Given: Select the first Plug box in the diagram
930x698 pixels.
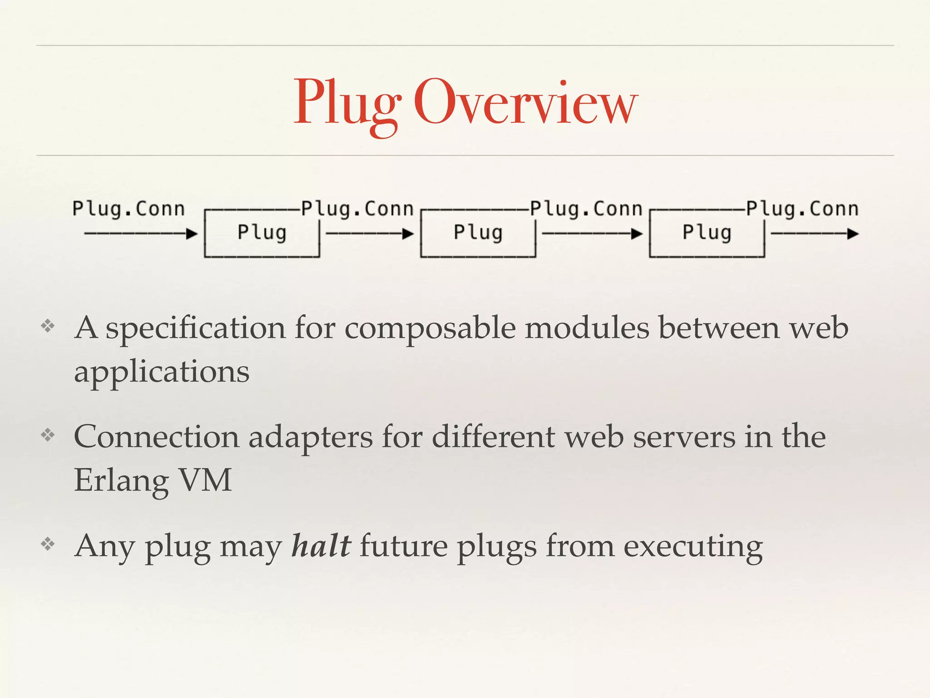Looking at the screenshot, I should pos(262,233).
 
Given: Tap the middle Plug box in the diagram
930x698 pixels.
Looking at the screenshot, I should pos(478,233).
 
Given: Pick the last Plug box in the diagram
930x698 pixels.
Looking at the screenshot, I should pos(707,233).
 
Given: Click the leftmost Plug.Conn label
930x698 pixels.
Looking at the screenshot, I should pos(129,209).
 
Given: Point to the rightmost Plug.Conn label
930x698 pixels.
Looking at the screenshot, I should pos(802,209).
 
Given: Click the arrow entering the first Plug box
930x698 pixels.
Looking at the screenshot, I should pos(141,234).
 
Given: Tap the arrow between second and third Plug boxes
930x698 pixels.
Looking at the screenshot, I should pos(592,234).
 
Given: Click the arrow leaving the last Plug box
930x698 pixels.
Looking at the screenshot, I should pos(815,234).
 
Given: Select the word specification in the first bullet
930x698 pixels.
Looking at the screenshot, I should pos(196,328).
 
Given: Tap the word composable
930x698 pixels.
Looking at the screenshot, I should pos(430,328).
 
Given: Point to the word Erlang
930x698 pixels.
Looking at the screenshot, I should pos(121,481).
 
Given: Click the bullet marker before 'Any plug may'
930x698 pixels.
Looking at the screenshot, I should pos(48,544).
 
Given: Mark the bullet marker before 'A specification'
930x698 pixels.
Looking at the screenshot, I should pos(48,326).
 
